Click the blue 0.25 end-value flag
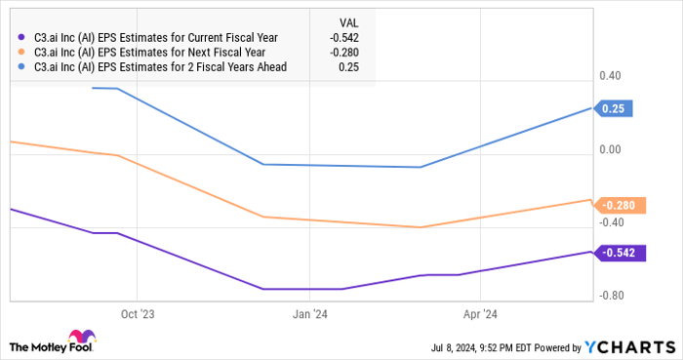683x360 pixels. pyautogui.click(x=613, y=109)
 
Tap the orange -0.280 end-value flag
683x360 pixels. pyautogui.click(x=618, y=205)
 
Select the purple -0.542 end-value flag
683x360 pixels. pyautogui.click(x=618, y=254)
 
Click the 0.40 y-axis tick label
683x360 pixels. pyautogui.click(x=611, y=76)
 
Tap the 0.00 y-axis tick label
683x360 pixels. pyautogui.click(x=611, y=149)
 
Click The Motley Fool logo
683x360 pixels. pyautogui.click(x=58, y=345)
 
